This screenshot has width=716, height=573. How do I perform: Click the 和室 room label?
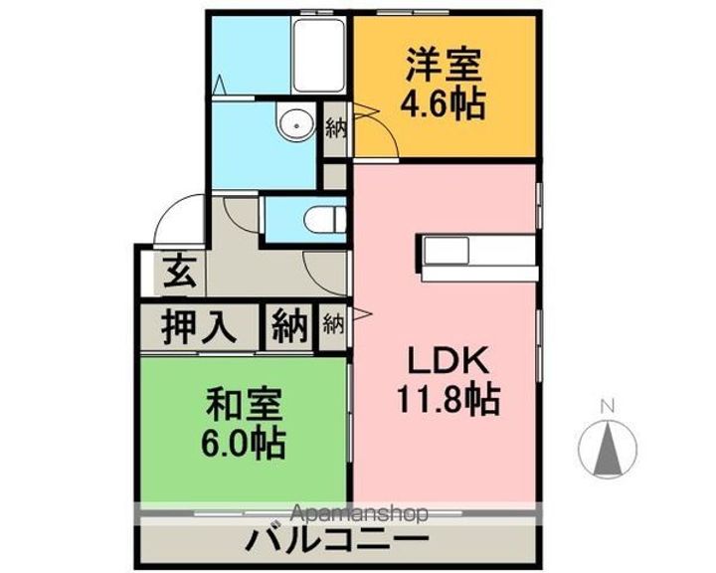[245, 405]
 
